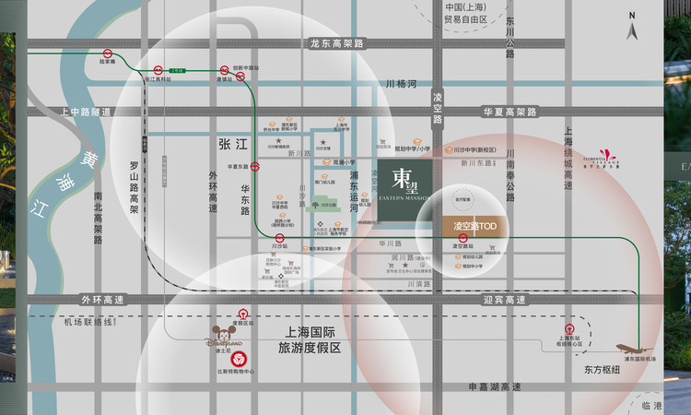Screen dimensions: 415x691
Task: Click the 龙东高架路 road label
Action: coord(337,43)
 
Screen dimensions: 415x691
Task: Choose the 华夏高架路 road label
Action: coord(509,113)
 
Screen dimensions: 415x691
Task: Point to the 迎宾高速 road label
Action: coord(504,300)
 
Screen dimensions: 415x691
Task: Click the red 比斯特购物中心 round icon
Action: coord(239,359)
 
